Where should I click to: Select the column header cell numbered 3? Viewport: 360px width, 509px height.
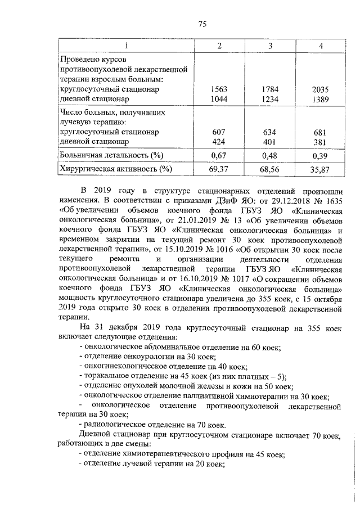pos(271,45)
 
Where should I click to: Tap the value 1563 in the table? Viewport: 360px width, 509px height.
pos(219,89)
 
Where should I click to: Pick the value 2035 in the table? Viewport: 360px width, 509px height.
pos(319,89)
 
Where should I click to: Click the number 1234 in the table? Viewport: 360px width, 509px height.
pos(271,99)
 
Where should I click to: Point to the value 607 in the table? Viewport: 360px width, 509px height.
pos(219,132)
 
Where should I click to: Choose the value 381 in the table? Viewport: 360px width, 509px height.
pos(319,142)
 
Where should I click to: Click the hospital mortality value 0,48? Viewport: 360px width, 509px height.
pos(271,155)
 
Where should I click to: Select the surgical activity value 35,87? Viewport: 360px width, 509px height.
pos(319,169)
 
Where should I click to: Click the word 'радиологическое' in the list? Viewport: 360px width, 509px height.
pos(113,426)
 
